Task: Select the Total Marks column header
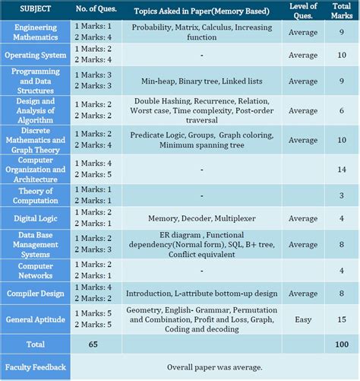[x=341, y=11]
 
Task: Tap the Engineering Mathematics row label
[x=36, y=31]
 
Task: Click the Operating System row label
[x=36, y=55]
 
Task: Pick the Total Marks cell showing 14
[x=341, y=170]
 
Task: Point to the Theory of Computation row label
[x=36, y=195]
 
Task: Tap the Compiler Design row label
[x=36, y=293]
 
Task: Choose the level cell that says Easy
[x=303, y=320]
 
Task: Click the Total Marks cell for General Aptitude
[x=341, y=320]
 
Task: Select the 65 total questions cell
[x=93, y=344]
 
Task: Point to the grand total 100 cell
[x=341, y=344]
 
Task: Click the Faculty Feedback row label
[x=36, y=367]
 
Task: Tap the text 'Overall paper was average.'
[x=215, y=367]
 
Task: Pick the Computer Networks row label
[x=36, y=270]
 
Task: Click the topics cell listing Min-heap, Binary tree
[x=201, y=80]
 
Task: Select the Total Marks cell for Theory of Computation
[x=341, y=195]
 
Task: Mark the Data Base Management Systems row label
[x=36, y=244]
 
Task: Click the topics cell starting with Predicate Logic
[x=201, y=140]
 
